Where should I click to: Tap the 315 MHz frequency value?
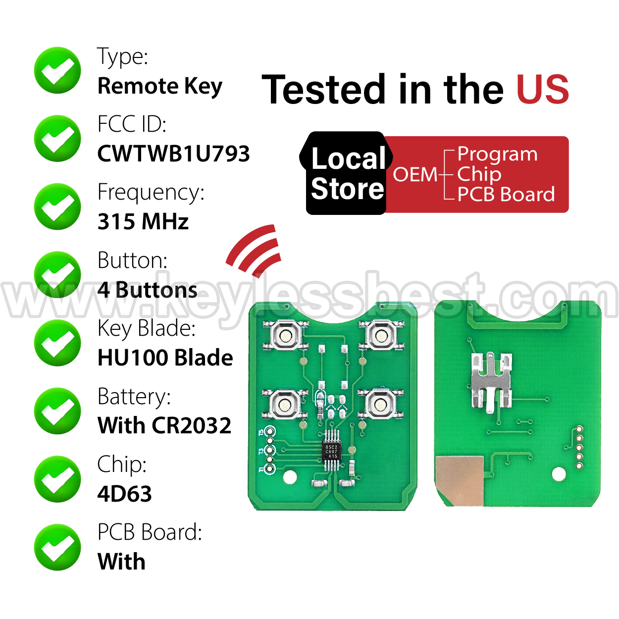click(143, 221)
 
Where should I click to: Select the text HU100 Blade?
click(165, 357)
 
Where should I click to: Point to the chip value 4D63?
click(125, 493)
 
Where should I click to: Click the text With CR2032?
click(164, 425)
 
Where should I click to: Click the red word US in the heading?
click(543, 89)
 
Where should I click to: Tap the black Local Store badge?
click(346, 173)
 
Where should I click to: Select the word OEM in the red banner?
click(415, 174)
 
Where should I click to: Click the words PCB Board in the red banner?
click(506, 194)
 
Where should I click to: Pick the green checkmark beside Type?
click(57, 70)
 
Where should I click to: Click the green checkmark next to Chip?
click(57, 479)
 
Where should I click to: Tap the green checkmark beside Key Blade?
click(57, 343)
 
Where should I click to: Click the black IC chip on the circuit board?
click(331, 451)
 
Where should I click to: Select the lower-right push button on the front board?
click(380, 404)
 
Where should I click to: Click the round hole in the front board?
click(290, 477)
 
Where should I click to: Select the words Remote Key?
click(160, 86)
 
